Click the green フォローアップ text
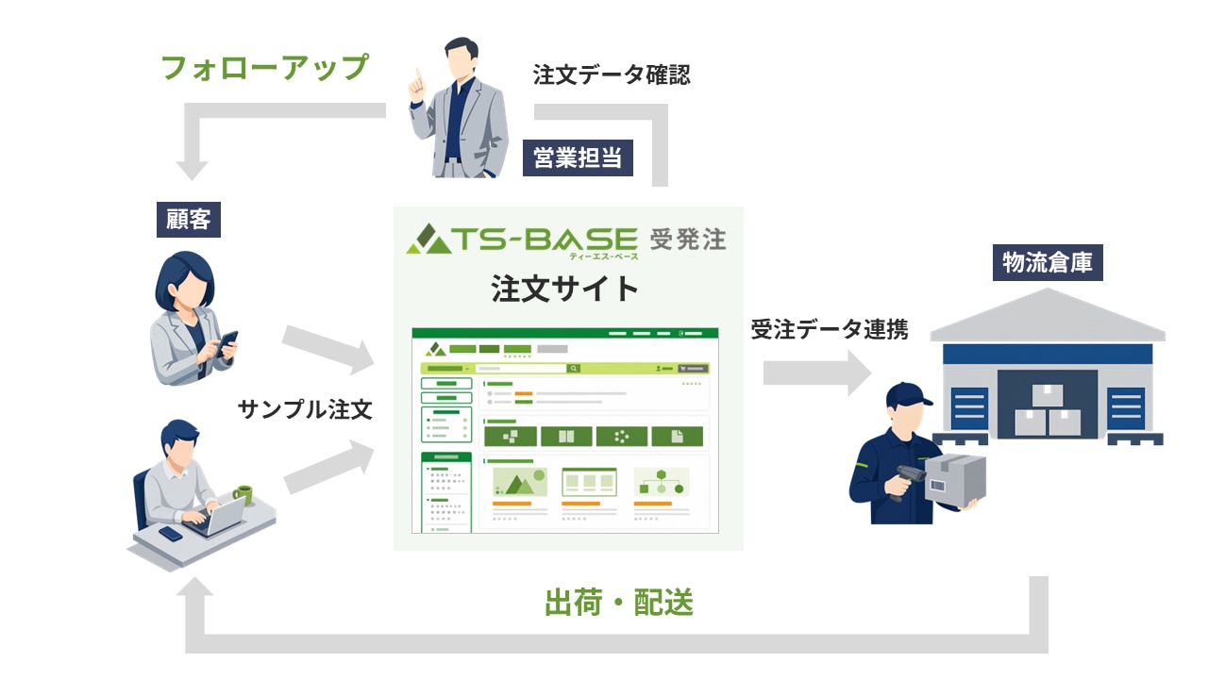pyautogui.click(x=265, y=68)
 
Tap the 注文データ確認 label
pyautogui.click(x=612, y=75)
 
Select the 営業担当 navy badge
pyautogui.click(x=578, y=157)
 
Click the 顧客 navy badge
pyautogui.click(x=188, y=220)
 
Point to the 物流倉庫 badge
pyautogui.click(x=1048, y=262)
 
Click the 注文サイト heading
pyautogui.click(x=564, y=289)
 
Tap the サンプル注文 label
pyautogui.click(x=305, y=409)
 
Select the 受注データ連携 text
pyautogui.click(x=830, y=329)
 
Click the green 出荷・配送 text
pyautogui.click(x=618, y=602)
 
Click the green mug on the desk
pyautogui.click(x=243, y=495)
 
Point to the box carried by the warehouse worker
pyautogui.click(x=955, y=480)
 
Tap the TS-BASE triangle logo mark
pyautogui.click(x=428, y=240)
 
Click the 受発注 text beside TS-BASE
pyautogui.click(x=688, y=240)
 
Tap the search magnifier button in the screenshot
pyautogui.click(x=573, y=369)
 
